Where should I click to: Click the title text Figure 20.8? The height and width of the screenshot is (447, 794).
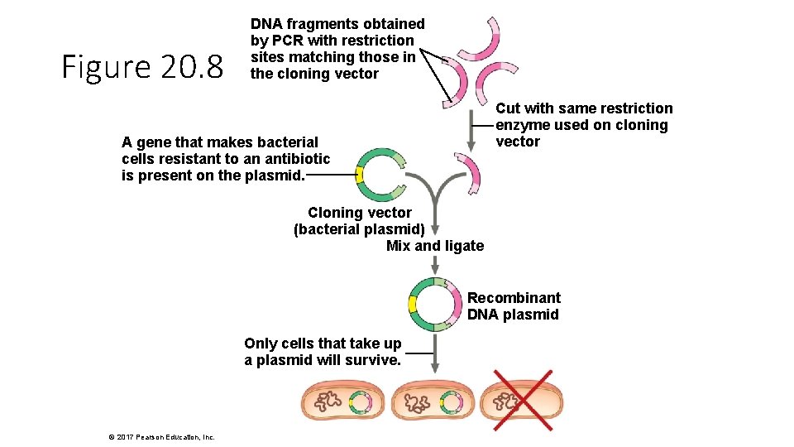point(142,68)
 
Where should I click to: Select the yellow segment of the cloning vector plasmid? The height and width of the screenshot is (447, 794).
point(360,175)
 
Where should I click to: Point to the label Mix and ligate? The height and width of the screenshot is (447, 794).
point(435,246)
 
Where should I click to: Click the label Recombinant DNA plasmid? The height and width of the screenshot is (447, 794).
point(514,306)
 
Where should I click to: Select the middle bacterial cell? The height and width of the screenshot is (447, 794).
point(432,403)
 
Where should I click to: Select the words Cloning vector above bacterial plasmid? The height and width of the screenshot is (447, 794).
point(359,213)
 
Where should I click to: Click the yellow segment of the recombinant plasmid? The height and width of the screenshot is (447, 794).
point(413,305)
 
